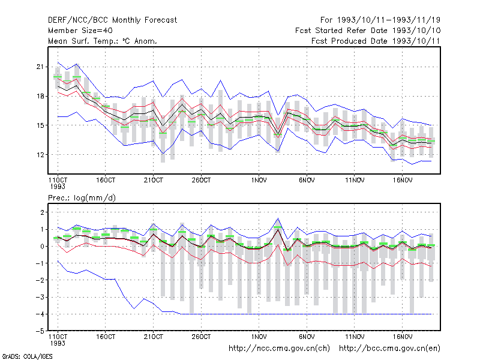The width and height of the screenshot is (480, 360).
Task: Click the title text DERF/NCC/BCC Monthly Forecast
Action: (112, 20)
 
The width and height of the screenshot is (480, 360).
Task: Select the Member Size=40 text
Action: (80, 31)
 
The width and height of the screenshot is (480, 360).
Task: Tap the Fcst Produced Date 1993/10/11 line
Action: (376, 41)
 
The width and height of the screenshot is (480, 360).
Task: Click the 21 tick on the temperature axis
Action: (40, 67)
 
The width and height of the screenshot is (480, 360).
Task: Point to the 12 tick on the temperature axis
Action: (40, 155)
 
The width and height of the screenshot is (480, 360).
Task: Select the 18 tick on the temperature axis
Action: (40, 96)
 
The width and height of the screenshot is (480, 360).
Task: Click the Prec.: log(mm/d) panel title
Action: (82, 198)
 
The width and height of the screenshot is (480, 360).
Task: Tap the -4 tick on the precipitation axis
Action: (40, 314)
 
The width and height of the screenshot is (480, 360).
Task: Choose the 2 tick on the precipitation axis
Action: (42, 212)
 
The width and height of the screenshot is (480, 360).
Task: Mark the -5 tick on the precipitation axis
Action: (40, 331)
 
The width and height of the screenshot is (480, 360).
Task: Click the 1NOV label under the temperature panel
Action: (259, 180)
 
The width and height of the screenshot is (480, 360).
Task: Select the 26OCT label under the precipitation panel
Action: (201, 337)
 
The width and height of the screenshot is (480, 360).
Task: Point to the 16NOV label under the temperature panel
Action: (402, 180)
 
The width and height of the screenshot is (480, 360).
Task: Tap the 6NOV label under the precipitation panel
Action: (307, 337)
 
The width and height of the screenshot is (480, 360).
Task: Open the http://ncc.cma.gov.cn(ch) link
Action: (279, 349)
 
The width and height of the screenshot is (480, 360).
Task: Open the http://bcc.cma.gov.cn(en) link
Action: (389, 349)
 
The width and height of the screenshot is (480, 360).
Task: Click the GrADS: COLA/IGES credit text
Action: (27, 356)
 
